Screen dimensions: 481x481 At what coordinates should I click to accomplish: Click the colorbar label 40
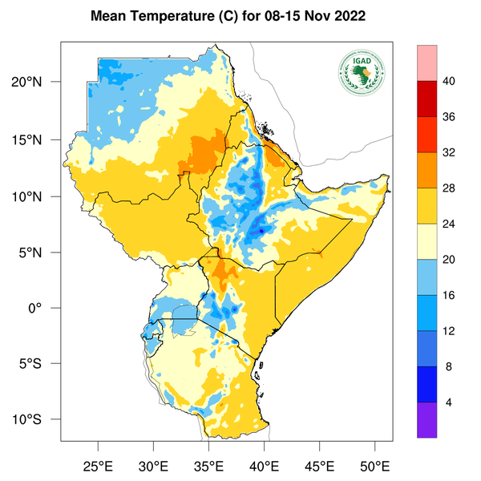pos(450,80)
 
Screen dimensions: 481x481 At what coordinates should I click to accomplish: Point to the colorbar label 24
pos(450,224)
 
